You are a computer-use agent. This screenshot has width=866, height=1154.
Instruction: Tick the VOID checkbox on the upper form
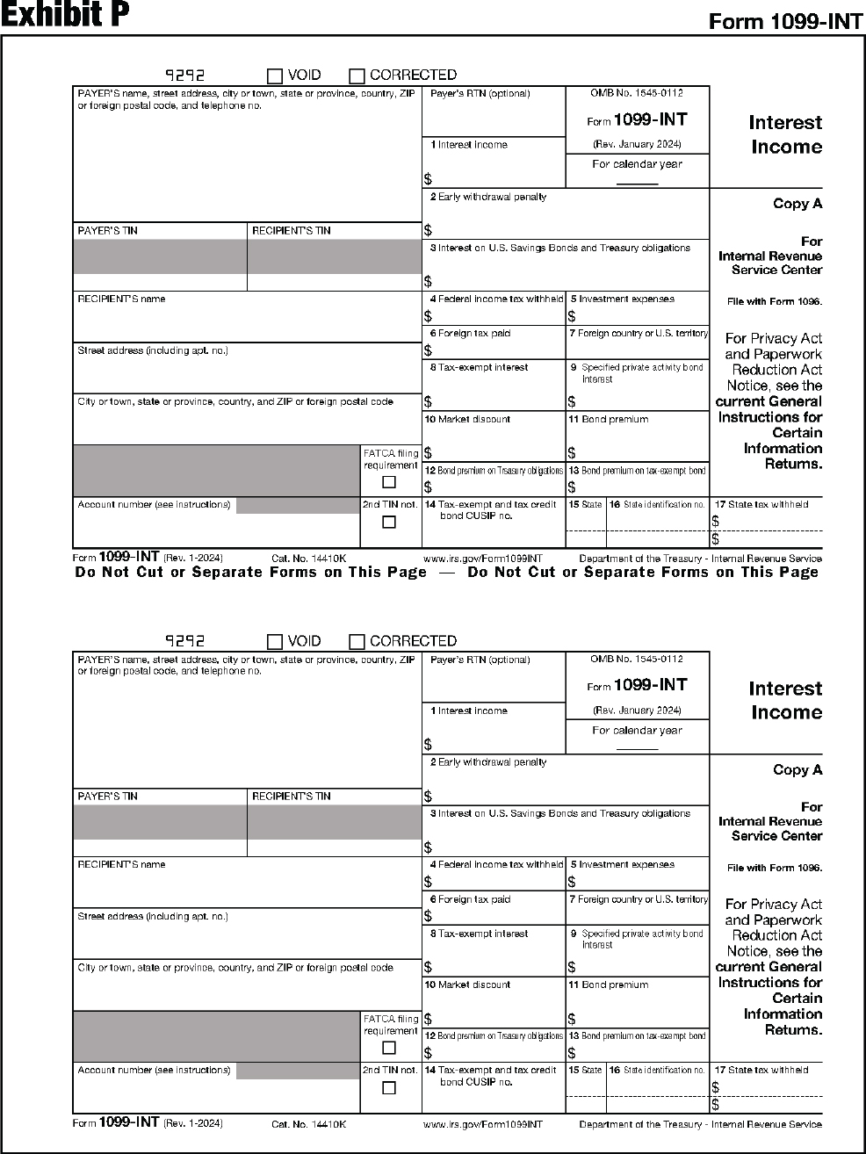point(275,76)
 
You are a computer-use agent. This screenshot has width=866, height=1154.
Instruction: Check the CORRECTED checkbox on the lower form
point(357,642)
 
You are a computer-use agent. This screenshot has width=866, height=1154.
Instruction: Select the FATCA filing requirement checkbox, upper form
point(389,482)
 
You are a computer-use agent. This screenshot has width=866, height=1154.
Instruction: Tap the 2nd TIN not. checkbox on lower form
point(389,1088)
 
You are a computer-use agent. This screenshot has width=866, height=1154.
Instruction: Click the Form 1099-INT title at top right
point(785,21)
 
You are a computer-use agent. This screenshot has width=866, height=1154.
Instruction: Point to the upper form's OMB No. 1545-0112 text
point(636,93)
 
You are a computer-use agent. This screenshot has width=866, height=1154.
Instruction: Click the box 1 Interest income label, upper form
point(469,145)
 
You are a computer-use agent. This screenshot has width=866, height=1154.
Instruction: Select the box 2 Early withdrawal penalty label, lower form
point(488,762)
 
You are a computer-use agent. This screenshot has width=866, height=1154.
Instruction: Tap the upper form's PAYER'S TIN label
point(107,231)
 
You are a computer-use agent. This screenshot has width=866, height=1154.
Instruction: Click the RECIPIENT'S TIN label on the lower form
point(291,797)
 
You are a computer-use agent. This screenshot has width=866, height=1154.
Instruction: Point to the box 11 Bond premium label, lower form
point(608,985)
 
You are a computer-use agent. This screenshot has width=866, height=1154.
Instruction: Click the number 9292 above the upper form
point(184,76)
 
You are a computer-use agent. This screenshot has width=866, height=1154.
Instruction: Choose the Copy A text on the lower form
point(797,769)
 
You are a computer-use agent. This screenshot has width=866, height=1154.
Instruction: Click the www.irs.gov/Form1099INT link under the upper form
point(482,559)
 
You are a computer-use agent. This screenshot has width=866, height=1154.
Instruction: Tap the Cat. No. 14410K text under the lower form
point(308,1124)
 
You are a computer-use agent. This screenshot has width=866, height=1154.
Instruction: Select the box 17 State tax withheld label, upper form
point(761,505)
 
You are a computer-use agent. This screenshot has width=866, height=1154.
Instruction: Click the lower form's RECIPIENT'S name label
point(121,865)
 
